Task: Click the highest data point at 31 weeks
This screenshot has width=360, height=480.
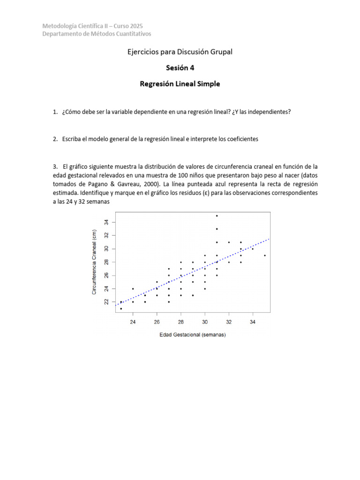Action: click(217, 216)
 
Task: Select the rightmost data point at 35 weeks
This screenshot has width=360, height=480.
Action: click(265, 255)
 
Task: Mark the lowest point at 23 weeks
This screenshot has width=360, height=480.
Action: click(121, 308)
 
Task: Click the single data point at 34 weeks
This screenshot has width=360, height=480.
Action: click(253, 249)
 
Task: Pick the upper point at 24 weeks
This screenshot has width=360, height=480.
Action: click(133, 289)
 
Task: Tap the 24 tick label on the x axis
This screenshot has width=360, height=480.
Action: click(133, 322)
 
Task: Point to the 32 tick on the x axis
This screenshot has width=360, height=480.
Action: click(229, 322)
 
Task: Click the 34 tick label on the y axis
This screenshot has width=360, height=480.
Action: click(106, 222)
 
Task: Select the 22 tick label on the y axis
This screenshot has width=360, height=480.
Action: click(106, 302)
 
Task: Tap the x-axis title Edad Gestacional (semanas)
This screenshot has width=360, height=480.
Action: click(192, 335)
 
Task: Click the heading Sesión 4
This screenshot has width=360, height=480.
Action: click(180, 67)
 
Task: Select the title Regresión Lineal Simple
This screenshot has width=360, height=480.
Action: click(180, 84)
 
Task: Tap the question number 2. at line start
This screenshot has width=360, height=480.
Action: click(55, 139)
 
